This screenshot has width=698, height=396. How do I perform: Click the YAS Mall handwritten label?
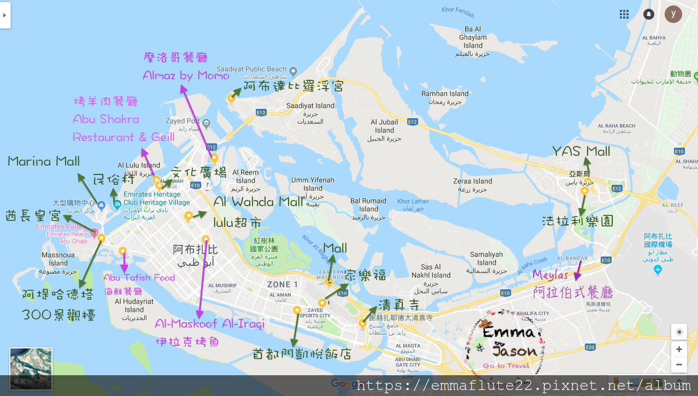(581, 152)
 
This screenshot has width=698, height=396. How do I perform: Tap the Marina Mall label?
(44, 161)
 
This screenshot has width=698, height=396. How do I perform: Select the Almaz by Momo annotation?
(186, 75)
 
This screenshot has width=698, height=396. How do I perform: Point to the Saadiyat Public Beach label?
(251, 69)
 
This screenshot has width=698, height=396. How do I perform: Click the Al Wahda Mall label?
(258, 202)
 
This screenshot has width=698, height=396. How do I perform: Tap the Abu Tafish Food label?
(139, 278)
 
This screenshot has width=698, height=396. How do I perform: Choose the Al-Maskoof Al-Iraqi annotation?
(209, 323)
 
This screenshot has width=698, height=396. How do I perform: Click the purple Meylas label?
(550, 275)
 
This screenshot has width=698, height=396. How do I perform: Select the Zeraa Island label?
(472, 181)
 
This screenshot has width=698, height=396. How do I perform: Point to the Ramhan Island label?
(445, 94)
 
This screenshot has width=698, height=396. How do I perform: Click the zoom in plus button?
(679, 349)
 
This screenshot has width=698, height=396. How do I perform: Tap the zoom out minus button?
(679, 364)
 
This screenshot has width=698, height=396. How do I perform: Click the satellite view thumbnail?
(31, 369)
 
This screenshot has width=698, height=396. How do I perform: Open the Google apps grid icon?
(624, 14)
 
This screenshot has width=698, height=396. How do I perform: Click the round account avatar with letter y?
(673, 14)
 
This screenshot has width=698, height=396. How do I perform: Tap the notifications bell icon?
(649, 14)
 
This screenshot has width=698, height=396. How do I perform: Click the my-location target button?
(679, 332)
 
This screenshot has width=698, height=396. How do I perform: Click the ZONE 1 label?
(283, 284)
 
